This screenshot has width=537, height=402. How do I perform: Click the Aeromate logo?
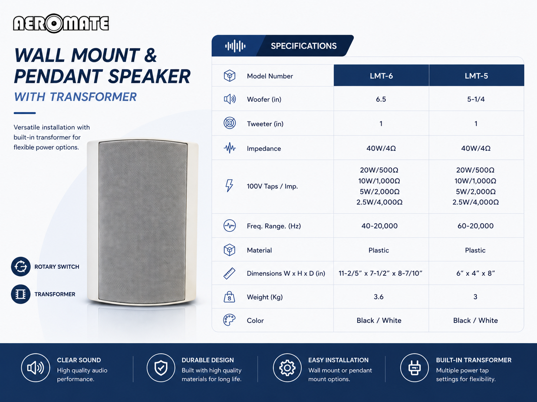click(61, 23)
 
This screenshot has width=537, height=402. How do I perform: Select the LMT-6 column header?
click(381, 76)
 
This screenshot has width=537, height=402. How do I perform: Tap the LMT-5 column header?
click(476, 76)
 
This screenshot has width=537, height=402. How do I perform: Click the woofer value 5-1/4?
click(476, 99)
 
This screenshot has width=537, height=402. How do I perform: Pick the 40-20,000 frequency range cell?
click(379, 226)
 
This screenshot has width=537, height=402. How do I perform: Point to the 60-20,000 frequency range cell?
click(475, 226)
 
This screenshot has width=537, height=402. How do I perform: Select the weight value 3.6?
click(379, 297)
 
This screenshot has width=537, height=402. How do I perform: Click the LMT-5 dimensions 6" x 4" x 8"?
click(475, 273)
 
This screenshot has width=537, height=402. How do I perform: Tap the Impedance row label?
click(264, 148)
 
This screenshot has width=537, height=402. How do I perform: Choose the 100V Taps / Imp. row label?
click(272, 186)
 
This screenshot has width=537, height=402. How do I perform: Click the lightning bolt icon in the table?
click(229, 186)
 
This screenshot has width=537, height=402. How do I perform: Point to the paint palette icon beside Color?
click(229, 320)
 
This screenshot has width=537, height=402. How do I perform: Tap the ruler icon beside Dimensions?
click(229, 273)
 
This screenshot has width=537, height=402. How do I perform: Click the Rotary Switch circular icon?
click(21, 267)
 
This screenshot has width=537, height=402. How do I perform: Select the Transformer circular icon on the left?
click(21, 294)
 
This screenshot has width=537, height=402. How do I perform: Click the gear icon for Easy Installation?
click(287, 368)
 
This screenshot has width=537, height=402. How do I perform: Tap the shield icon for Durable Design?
click(161, 368)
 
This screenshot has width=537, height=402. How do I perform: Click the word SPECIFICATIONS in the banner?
click(304, 46)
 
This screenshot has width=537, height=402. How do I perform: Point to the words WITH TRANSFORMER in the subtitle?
click(75, 97)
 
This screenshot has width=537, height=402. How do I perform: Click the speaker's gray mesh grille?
click(142, 222)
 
